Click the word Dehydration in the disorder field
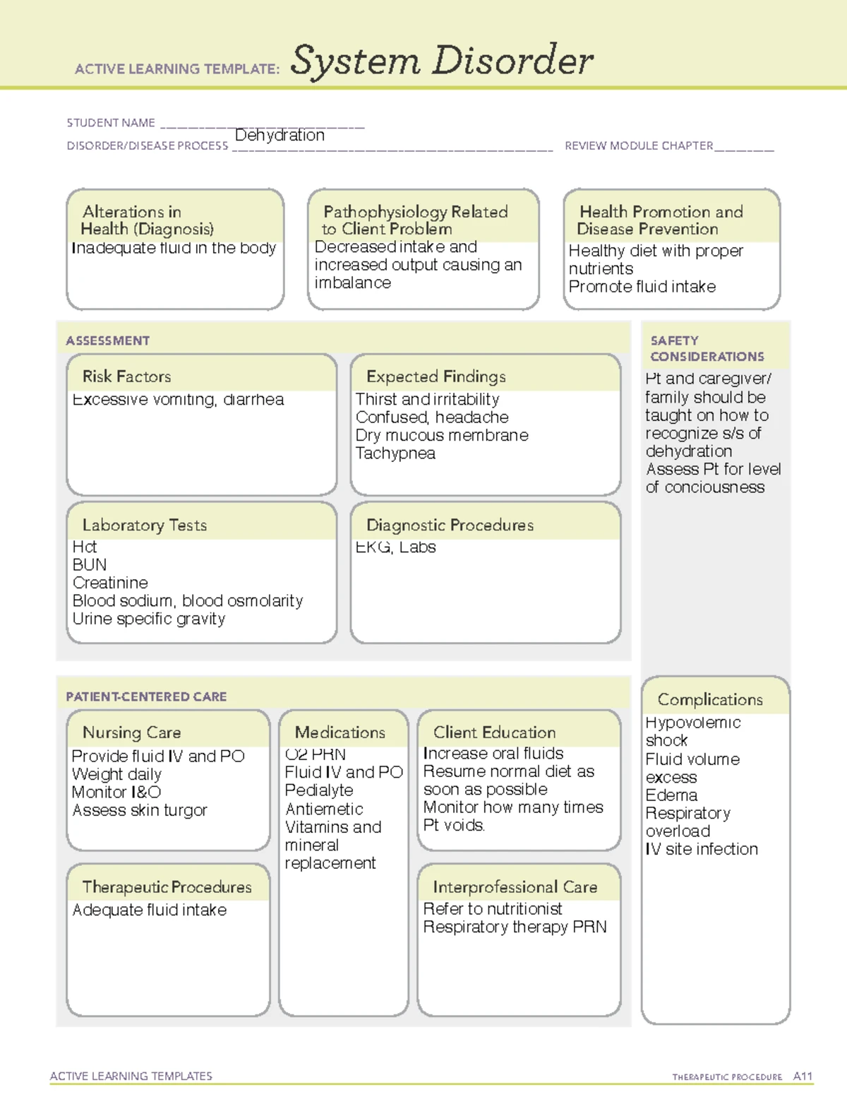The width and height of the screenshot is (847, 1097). pyautogui.click(x=280, y=135)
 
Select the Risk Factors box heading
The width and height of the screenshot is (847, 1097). pyautogui.click(x=127, y=376)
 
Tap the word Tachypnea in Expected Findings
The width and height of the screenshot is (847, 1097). pyautogui.click(x=395, y=453)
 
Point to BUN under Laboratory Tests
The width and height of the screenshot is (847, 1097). pyautogui.click(x=90, y=565)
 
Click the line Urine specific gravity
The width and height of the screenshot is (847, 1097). pyautogui.click(x=149, y=619)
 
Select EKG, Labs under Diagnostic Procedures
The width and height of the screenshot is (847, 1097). pyautogui.click(x=395, y=547)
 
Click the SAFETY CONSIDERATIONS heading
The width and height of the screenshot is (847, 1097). pyautogui.click(x=707, y=349)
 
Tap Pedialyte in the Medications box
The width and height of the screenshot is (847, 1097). pyautogui.click(x=319, y=790)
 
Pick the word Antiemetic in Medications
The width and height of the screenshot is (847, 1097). pyautogui.click(x=324, y=809)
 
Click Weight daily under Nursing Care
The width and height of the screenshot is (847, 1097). pyautogui.click(x=116, y=774)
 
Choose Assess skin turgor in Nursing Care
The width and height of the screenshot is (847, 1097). pyautogui.click(x=140, y=810)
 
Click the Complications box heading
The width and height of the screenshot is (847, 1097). pyautogui.click(x=710, y=699)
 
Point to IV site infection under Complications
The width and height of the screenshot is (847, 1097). pyautogui.click(x=702, y=849)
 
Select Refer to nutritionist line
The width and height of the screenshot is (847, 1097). pyautogui.click(x=493, y=909)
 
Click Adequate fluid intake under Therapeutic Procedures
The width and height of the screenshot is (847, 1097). pyautogui.click(x=150, y=910)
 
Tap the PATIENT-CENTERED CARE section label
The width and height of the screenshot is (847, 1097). pyautogui.click(x=146, y=696)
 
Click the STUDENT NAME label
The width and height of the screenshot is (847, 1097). pyautogui.click(x=111, y=123)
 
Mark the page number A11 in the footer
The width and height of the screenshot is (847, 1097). pyautogui.click(x=803, y=1077)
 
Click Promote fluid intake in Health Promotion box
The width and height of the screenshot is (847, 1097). pyautogui.click(x=642, y=287)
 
